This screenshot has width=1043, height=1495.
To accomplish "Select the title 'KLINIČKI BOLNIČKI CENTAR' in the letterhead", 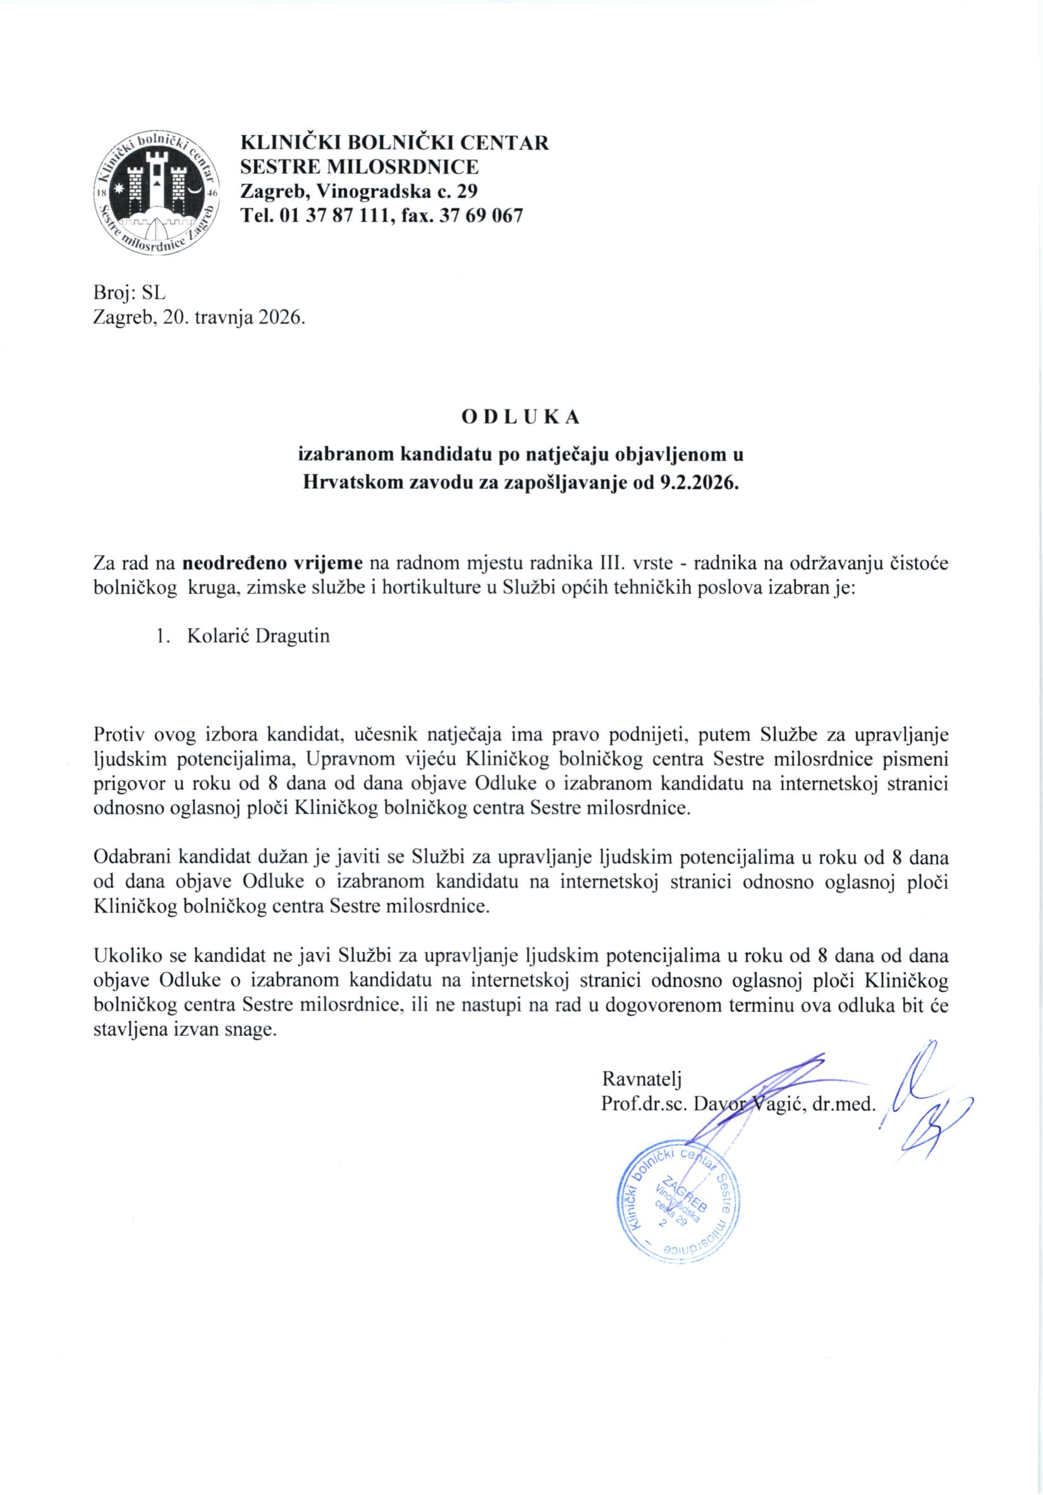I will (x=394, y=143).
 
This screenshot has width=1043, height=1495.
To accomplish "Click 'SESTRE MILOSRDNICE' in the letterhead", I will (x=360, y=167).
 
